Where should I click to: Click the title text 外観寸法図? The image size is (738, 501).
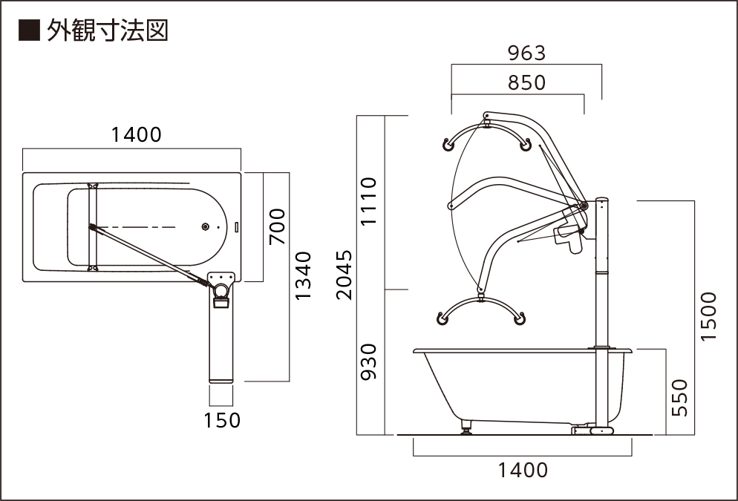coord(107,30)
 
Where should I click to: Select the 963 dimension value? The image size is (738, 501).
coord(526,53)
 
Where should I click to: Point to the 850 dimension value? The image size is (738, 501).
coord(526,82)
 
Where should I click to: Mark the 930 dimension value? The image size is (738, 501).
coord(369,361)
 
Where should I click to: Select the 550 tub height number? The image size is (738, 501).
coord(680,397)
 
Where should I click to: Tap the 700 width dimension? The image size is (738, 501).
coord(276,227)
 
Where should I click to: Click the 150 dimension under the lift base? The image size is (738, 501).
coord(222,420)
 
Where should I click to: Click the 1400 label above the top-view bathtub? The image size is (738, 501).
coord(136,134)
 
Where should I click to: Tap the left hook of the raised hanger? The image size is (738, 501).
coord(448,145)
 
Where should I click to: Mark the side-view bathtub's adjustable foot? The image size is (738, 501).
coord(466,428)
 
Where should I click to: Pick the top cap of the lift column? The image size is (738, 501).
coord(602,199)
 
